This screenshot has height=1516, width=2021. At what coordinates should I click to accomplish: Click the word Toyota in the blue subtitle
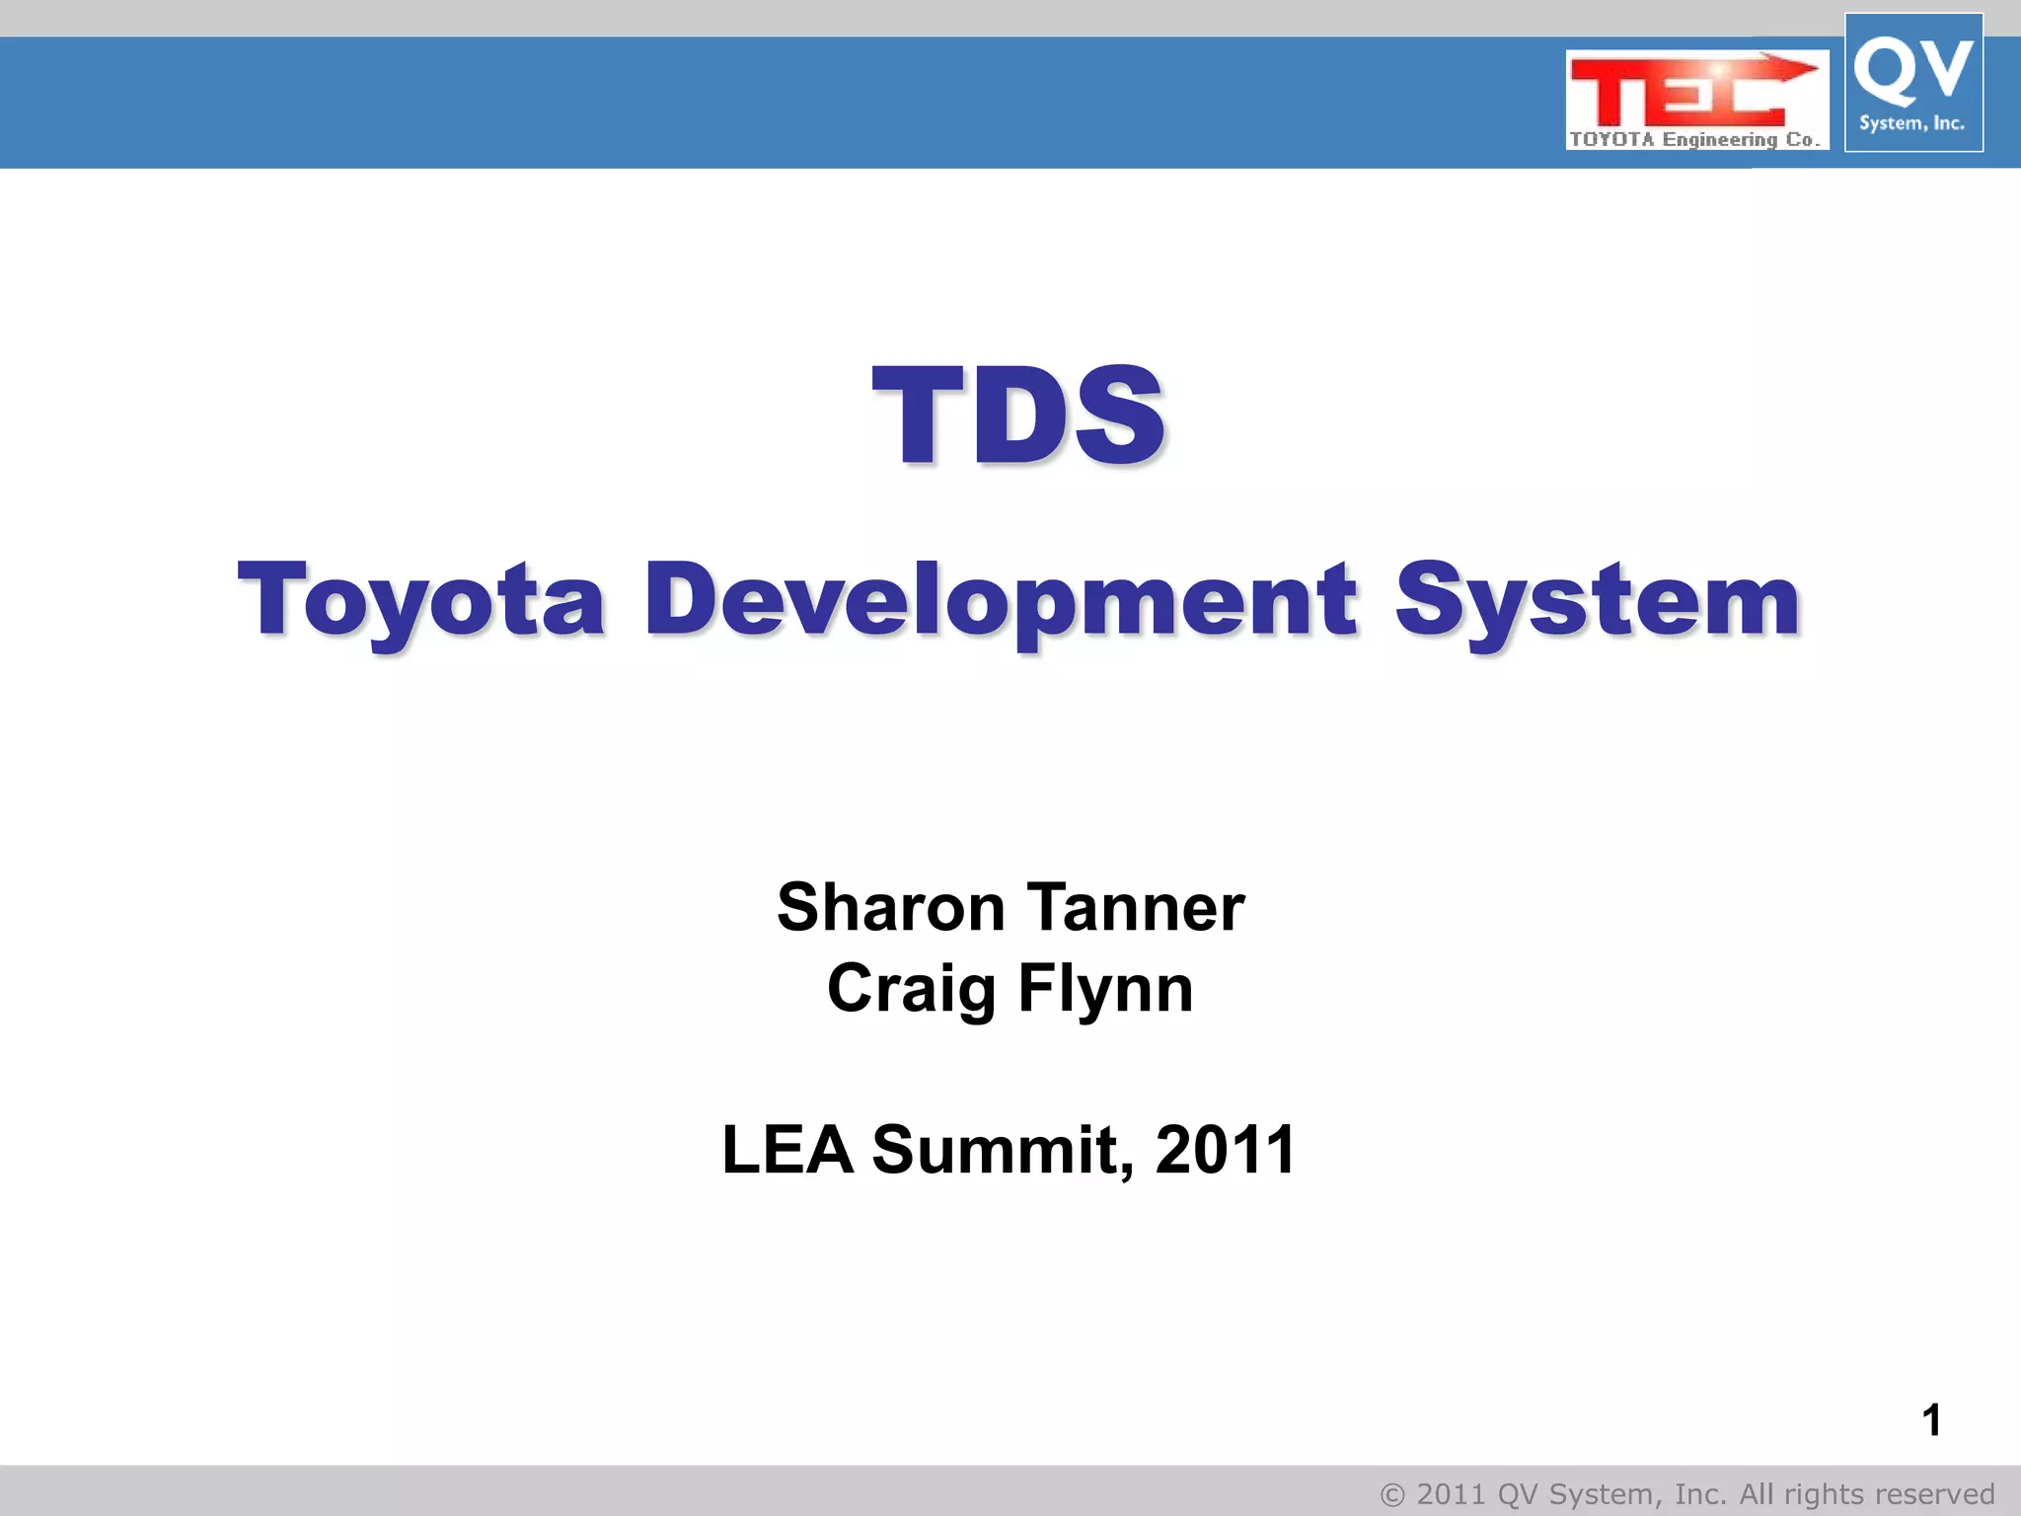point(420,600)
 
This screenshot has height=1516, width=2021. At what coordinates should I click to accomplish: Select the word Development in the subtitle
point(1001,600)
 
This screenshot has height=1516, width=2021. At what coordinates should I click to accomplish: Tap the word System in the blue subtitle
point(1599,600)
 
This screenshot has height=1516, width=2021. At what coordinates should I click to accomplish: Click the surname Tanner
point(1136,907)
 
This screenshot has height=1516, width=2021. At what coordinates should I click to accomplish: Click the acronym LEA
point(787,1150)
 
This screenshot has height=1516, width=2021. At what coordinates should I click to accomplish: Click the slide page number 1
point(1931,1421)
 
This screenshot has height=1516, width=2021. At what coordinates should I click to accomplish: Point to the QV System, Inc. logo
point(1913,83)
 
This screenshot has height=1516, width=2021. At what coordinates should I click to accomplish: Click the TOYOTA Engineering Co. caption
point(1694,139)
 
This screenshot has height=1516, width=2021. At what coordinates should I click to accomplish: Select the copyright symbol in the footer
point(1392,1495)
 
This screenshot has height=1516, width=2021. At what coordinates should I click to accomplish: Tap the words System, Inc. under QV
point(1911,123)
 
